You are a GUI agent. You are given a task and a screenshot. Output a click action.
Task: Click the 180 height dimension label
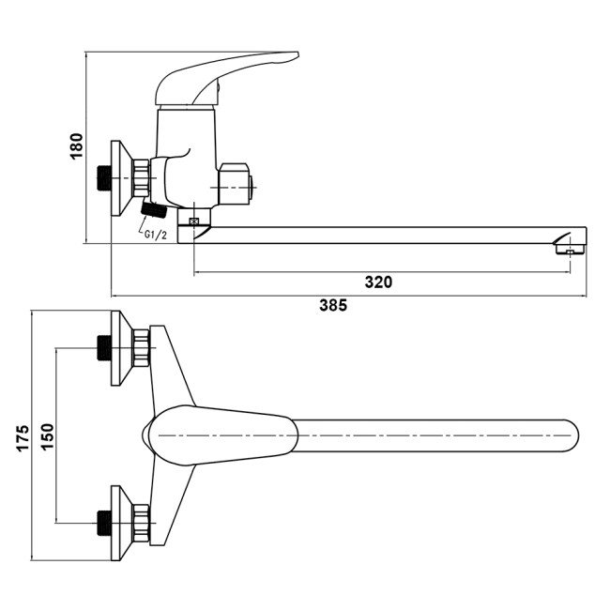pyautogui.click(x=77, y=145)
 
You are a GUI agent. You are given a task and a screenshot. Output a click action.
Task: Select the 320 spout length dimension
pyautogui.click(x=378, y=282)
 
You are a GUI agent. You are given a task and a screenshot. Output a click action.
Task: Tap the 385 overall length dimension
pyautogui.click(x=333, y=305)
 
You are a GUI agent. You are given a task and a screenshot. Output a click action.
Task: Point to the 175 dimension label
pyautogui.click(x=23, y=438)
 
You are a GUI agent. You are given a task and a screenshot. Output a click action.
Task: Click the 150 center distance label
pyautogui.click(x=47, y=437)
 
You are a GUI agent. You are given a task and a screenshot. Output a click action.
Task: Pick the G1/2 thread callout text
pyautogui.click(x=155, y=235)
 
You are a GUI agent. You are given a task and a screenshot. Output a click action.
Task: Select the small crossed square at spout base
pyautogui.click(x=193, y=221)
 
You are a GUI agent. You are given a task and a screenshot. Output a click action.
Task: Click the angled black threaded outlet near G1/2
pyautogui.click(x=154, y=209)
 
